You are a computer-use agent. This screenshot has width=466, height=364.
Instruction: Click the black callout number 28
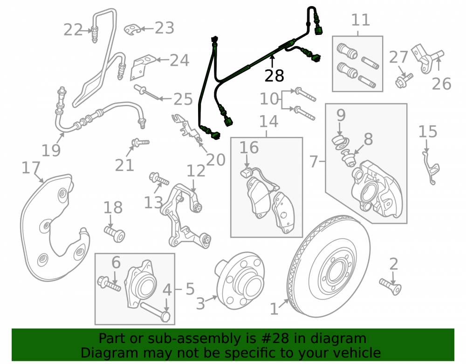[274, 76]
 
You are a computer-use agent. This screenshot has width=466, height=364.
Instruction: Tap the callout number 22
[73, 30]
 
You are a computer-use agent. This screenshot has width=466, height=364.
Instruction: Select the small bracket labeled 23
[132, 29]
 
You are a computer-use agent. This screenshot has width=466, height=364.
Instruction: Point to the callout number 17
[31, 168]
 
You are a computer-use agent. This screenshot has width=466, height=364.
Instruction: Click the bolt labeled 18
[115, 234]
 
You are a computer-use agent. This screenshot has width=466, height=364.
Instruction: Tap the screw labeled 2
[391, 287]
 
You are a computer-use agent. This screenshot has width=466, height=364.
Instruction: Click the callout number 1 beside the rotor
[274, 309]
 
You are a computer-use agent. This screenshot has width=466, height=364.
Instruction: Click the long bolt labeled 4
[155, 311]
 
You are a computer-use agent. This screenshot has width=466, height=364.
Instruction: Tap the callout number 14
[269, 121]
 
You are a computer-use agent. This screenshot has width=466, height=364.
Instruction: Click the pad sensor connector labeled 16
[246, 173]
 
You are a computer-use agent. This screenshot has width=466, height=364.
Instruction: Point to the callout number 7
[314, 162]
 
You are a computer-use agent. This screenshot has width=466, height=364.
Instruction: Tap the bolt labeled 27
[404, 80]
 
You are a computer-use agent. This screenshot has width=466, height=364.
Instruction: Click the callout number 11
[361, 20]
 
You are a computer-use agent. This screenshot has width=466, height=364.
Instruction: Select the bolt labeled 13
[159, 179]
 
